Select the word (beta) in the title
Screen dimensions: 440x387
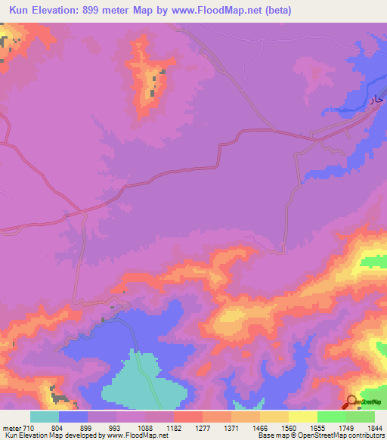pos(274,11)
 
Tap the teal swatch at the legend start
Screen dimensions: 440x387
pos(45,417)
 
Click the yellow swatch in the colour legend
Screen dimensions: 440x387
pos(303,417)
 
